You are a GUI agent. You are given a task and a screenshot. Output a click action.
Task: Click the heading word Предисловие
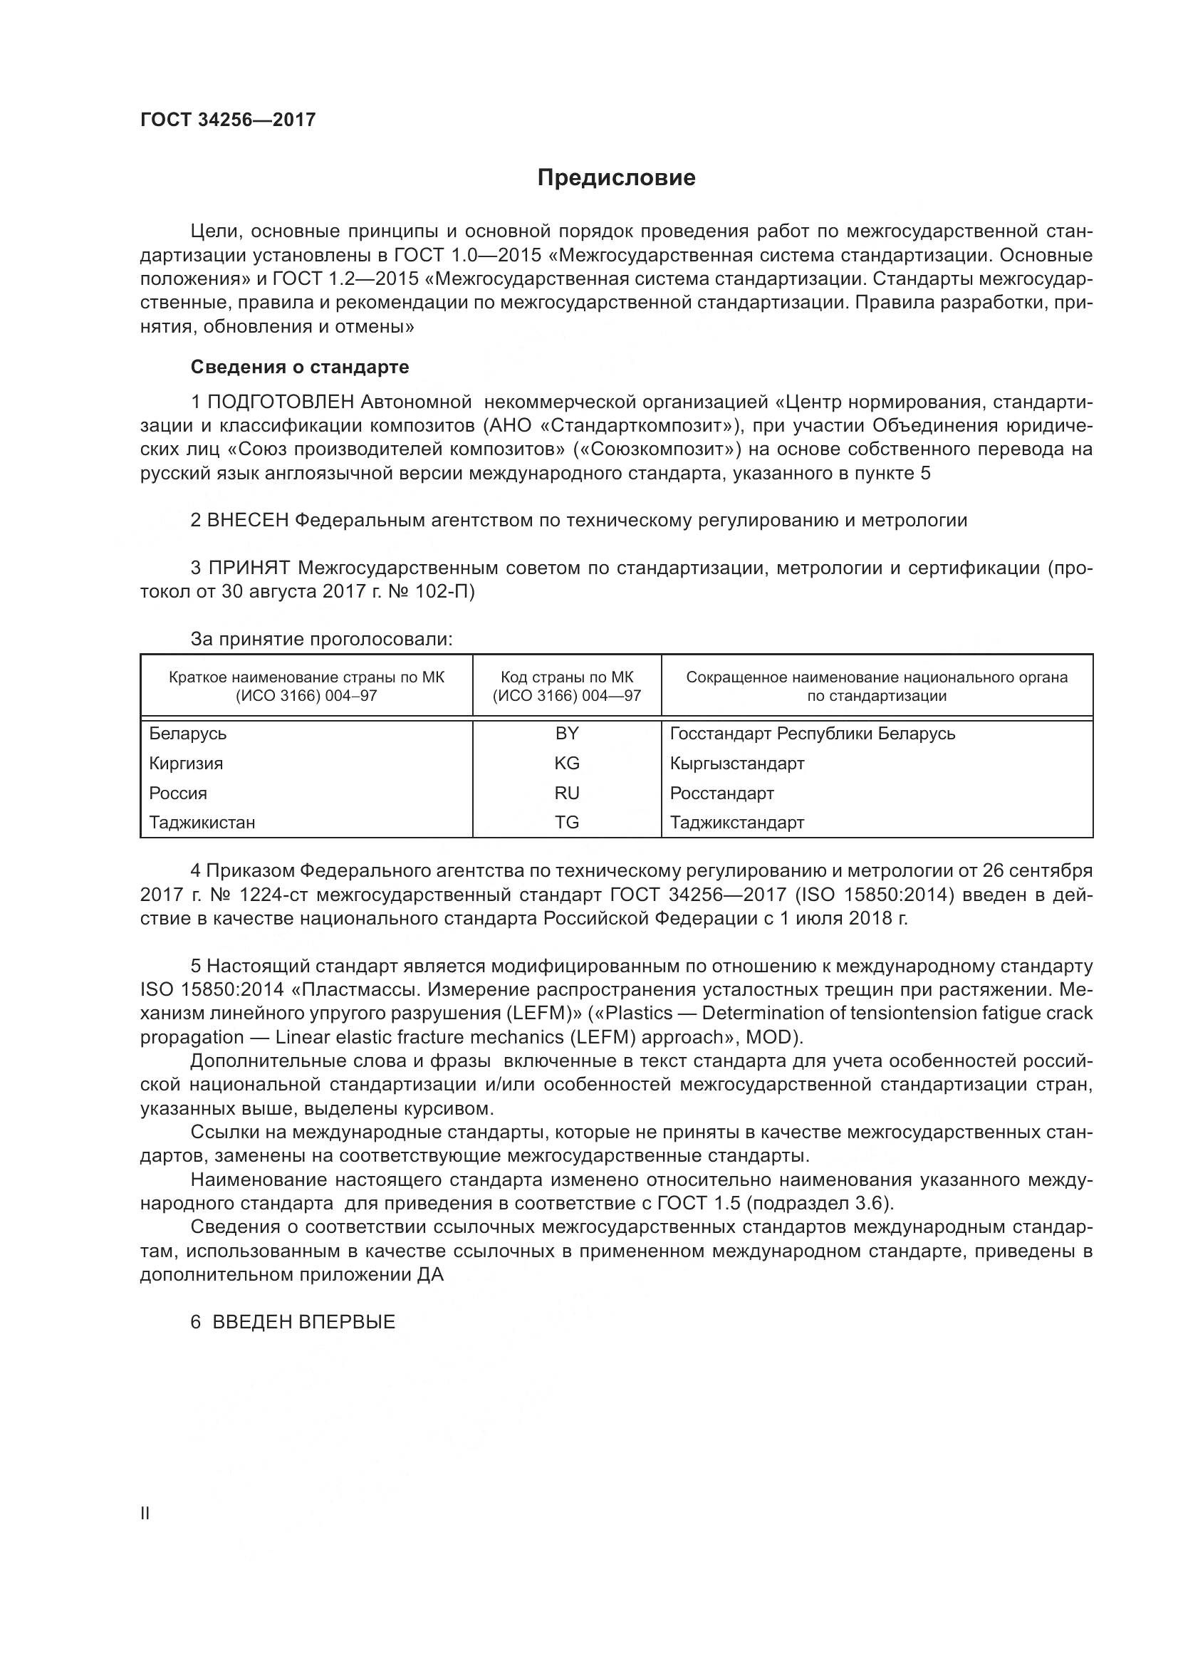(x=616, y=178)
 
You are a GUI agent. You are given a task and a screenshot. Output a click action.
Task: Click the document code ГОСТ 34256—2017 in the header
(x=228, y=120)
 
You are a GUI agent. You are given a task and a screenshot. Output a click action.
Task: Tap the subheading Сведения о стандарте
(x=300, y=367)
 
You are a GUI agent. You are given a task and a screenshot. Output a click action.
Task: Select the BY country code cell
(x=566, y=733)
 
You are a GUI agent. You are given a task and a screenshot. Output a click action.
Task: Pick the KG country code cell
(x=566, y=763)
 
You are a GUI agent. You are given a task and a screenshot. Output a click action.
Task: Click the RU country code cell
(x=566, y=792)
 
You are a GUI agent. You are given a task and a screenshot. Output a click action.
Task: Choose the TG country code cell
(x=566, y=822)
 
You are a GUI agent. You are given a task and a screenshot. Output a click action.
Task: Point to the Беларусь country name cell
(x=188, y=733)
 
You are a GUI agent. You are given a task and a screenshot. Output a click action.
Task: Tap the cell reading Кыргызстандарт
(x=737, y=763)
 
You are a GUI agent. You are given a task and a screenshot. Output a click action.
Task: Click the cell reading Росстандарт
(x=721, y=792)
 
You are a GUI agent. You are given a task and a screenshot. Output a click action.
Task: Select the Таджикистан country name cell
(x=202, y=822)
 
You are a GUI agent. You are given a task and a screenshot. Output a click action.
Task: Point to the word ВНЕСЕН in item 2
(x=248, y=520)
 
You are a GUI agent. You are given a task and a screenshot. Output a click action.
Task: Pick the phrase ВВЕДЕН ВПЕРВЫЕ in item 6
(x=303, y=1322)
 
